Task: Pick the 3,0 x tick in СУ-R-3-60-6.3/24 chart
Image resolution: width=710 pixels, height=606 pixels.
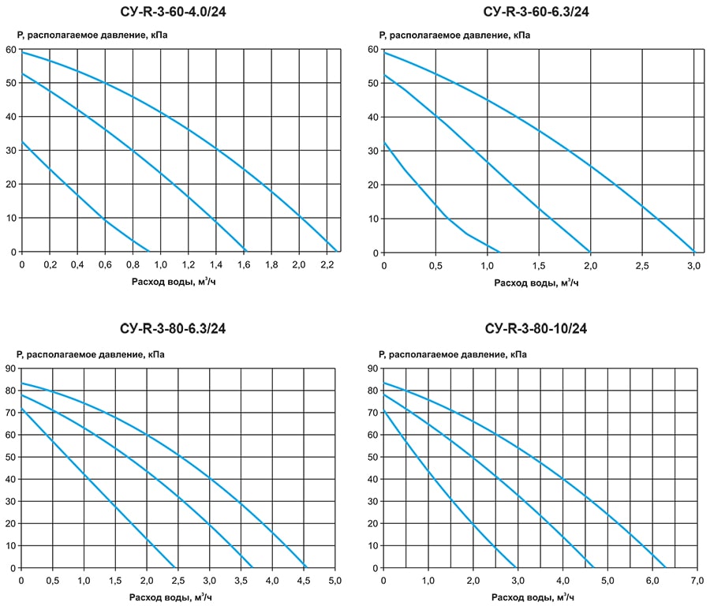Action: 693,265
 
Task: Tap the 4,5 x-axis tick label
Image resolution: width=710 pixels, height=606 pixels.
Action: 303,581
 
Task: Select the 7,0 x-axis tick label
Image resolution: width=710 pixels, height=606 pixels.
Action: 697,581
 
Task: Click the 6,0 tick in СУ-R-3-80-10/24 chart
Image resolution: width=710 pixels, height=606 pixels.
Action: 652,581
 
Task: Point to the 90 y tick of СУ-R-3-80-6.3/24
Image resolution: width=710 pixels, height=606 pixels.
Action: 10,368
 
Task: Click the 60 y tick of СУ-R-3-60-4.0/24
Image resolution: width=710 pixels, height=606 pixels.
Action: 10,49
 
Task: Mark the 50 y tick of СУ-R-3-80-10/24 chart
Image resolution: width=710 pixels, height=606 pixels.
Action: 372,456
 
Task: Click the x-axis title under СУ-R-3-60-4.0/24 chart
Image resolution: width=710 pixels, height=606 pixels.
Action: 174,282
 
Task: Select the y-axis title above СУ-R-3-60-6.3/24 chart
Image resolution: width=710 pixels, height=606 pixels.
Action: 453,36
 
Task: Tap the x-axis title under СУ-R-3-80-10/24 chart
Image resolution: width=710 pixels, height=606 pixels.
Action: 536,597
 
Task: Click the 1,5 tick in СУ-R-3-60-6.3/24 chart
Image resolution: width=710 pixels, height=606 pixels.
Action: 539,265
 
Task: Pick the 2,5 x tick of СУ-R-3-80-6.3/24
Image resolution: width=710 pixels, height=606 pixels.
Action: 177,581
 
